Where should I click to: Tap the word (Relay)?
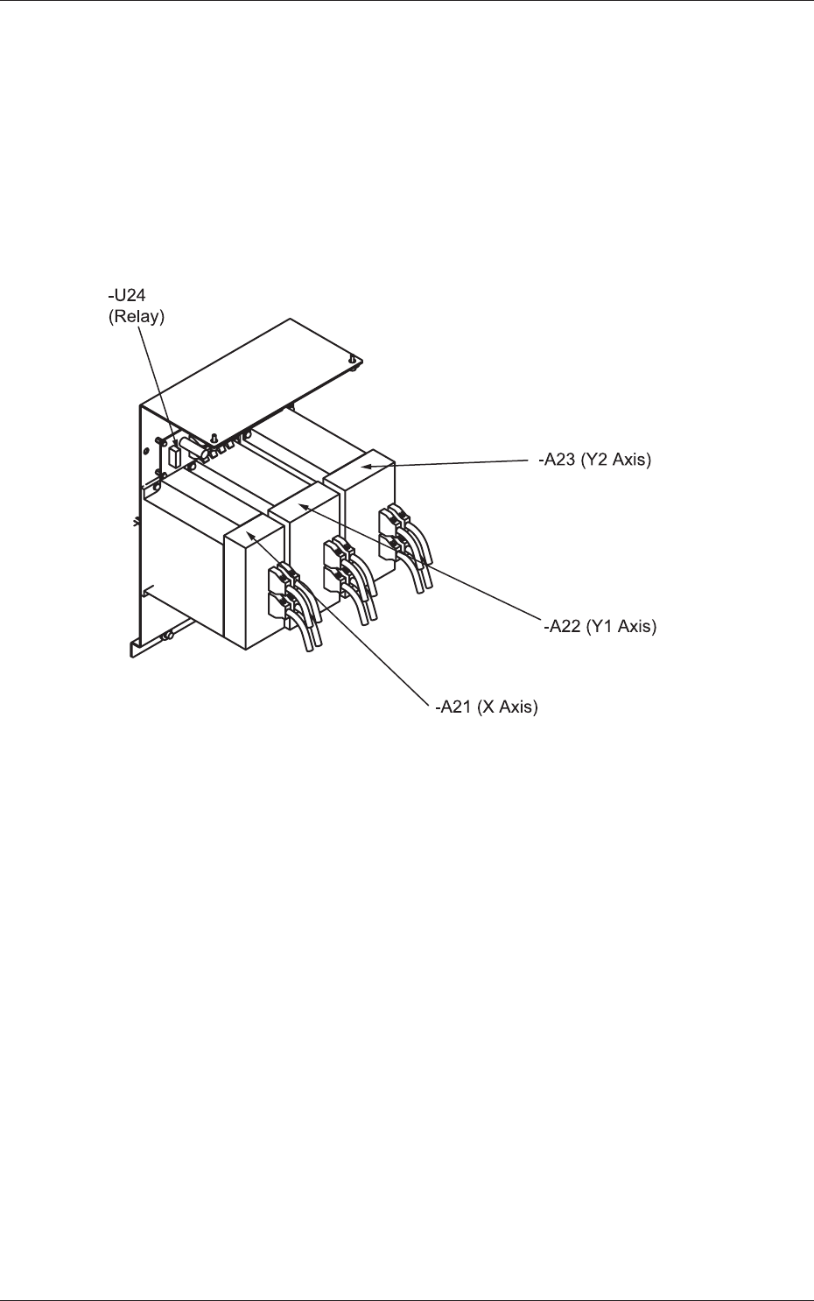[136, 316]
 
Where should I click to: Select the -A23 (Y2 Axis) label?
[595, 459]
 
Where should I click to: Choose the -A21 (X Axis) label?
[487, 707]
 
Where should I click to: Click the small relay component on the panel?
[173, 456]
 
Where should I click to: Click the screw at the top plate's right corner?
[352, 359]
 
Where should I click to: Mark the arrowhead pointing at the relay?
[175, 443]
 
